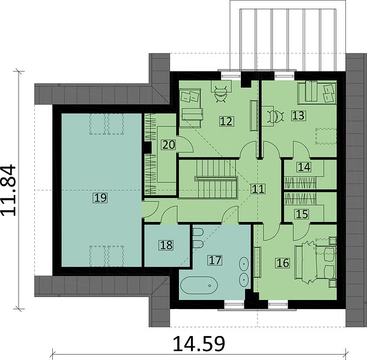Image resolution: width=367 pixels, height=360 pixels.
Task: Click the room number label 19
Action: click(101, 198)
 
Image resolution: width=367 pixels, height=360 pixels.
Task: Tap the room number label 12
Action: click(226, 121)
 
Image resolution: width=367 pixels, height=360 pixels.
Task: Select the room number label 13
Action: click(299, 116)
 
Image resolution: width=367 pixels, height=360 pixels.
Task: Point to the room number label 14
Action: click(304, 167)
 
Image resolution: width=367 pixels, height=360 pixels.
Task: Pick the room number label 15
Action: click(302, 214)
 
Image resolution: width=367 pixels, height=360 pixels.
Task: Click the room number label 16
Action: click(283, 263)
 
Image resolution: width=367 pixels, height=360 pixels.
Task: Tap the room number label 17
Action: click(215, 260)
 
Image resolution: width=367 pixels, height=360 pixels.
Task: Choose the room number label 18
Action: click(166, 245)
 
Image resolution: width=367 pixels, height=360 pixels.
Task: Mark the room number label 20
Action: click(169, 145)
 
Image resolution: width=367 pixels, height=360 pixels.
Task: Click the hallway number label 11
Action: click(258, 188)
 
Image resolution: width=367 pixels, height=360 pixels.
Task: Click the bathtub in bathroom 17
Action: click(199, 285)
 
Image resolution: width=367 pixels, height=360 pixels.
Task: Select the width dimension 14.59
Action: click(199, 344)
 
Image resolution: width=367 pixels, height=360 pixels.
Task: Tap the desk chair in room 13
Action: click(276, 116)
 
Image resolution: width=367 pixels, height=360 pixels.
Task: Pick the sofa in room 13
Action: click(317, 92)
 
